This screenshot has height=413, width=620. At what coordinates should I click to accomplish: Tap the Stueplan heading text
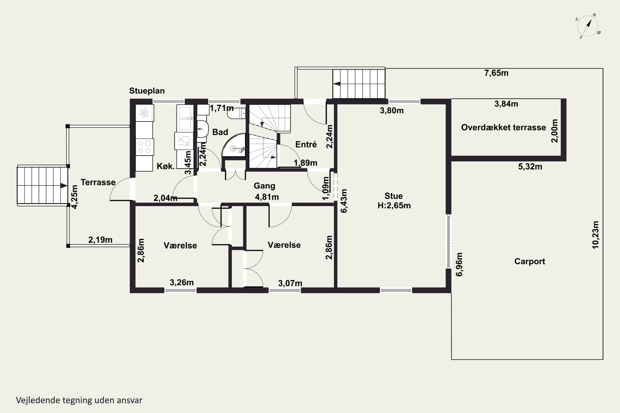pos(147,91)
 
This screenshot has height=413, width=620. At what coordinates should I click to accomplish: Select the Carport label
pos(529,261)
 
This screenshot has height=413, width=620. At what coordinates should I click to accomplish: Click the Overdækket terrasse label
pos(503,127)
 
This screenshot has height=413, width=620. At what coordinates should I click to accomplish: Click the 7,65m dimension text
pos(496,73)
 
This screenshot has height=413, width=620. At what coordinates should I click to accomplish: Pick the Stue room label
pos(393,196)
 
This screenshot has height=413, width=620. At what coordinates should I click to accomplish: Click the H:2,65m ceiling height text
pos(394,205)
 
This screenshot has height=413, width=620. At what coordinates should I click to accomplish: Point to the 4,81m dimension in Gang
pos(267,197)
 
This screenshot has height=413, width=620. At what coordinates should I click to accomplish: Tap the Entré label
pos(306,144)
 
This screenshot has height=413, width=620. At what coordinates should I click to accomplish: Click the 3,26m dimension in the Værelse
pos(182,282)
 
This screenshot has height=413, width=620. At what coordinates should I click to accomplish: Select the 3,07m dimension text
pos(290,283)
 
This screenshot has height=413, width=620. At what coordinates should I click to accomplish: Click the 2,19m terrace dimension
pos(100,240)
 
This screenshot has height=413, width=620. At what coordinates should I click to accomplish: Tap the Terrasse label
pos(98,182)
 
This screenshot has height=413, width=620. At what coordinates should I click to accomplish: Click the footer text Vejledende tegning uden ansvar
pos(79,400)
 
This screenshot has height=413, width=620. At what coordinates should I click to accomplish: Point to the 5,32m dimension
pos(530,167)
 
